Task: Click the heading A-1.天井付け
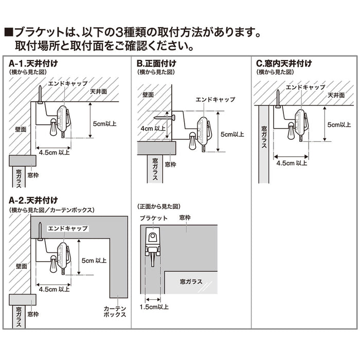[33, 64]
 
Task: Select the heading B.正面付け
[156, 64]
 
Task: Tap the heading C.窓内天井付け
[284, 64]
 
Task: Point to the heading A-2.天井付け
[33, 200]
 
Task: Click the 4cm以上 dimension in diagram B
[153, 129]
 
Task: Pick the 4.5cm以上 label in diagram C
[292, 163]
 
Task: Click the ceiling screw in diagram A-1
[40, 95]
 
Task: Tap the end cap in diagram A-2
[62, 254]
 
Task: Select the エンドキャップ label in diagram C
[305, 87]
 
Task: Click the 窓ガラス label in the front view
[191, 281]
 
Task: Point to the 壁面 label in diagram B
[148, 95]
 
